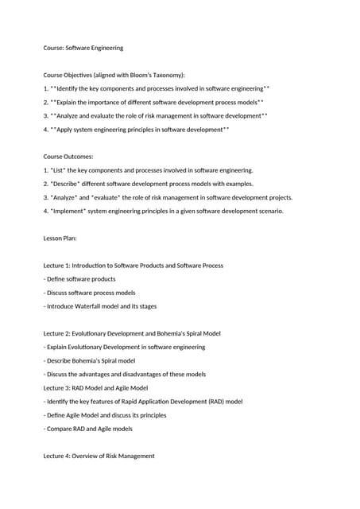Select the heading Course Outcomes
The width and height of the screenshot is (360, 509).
(68, 157)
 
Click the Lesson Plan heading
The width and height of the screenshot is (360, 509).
(60, 238)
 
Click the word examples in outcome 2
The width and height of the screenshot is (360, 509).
(235, 184)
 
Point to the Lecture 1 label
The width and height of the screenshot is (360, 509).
(58, 265)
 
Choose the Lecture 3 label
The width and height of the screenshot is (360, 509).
(58, 387)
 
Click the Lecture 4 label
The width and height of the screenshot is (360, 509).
(58, 456)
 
